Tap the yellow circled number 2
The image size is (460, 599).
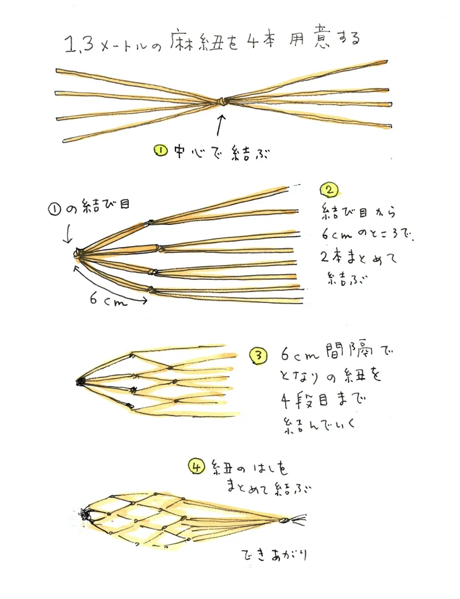point(329,190)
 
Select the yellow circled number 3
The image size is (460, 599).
point(258,356)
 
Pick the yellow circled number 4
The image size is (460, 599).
point(197,467)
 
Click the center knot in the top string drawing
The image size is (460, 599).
point(221,102)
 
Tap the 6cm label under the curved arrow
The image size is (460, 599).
point(108,300)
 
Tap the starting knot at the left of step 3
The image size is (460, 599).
point(80,382)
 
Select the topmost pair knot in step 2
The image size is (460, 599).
point(150,222)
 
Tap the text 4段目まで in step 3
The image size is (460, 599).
point(323,400)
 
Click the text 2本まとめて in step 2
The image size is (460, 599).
point(358,258)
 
